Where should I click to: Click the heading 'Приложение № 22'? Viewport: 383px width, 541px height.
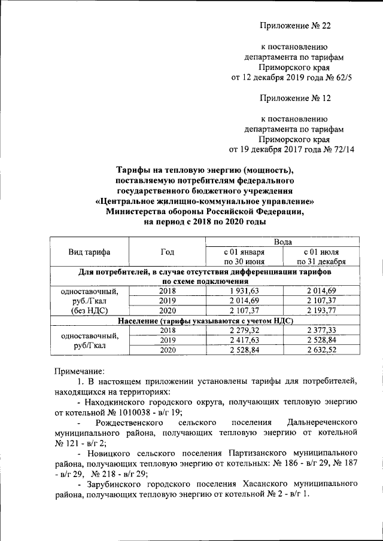[295, 26]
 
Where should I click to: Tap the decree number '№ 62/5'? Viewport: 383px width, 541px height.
[342, 78]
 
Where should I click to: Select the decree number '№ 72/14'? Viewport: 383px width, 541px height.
[340, 149]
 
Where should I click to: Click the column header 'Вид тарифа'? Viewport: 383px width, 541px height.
[89, 252]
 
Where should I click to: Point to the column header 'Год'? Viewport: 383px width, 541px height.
[167, 252]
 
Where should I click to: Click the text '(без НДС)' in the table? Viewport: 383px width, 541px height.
[89, 311]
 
